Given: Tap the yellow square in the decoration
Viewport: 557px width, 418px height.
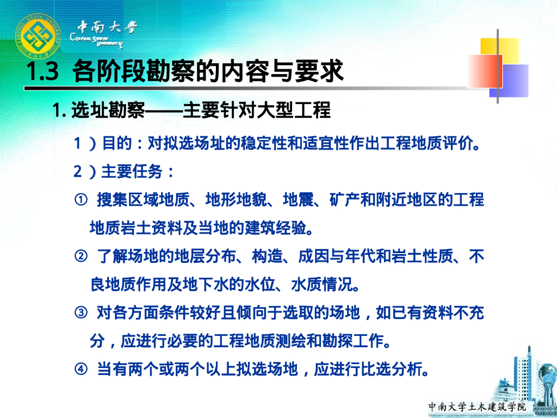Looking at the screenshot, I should (x=499, y=53).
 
